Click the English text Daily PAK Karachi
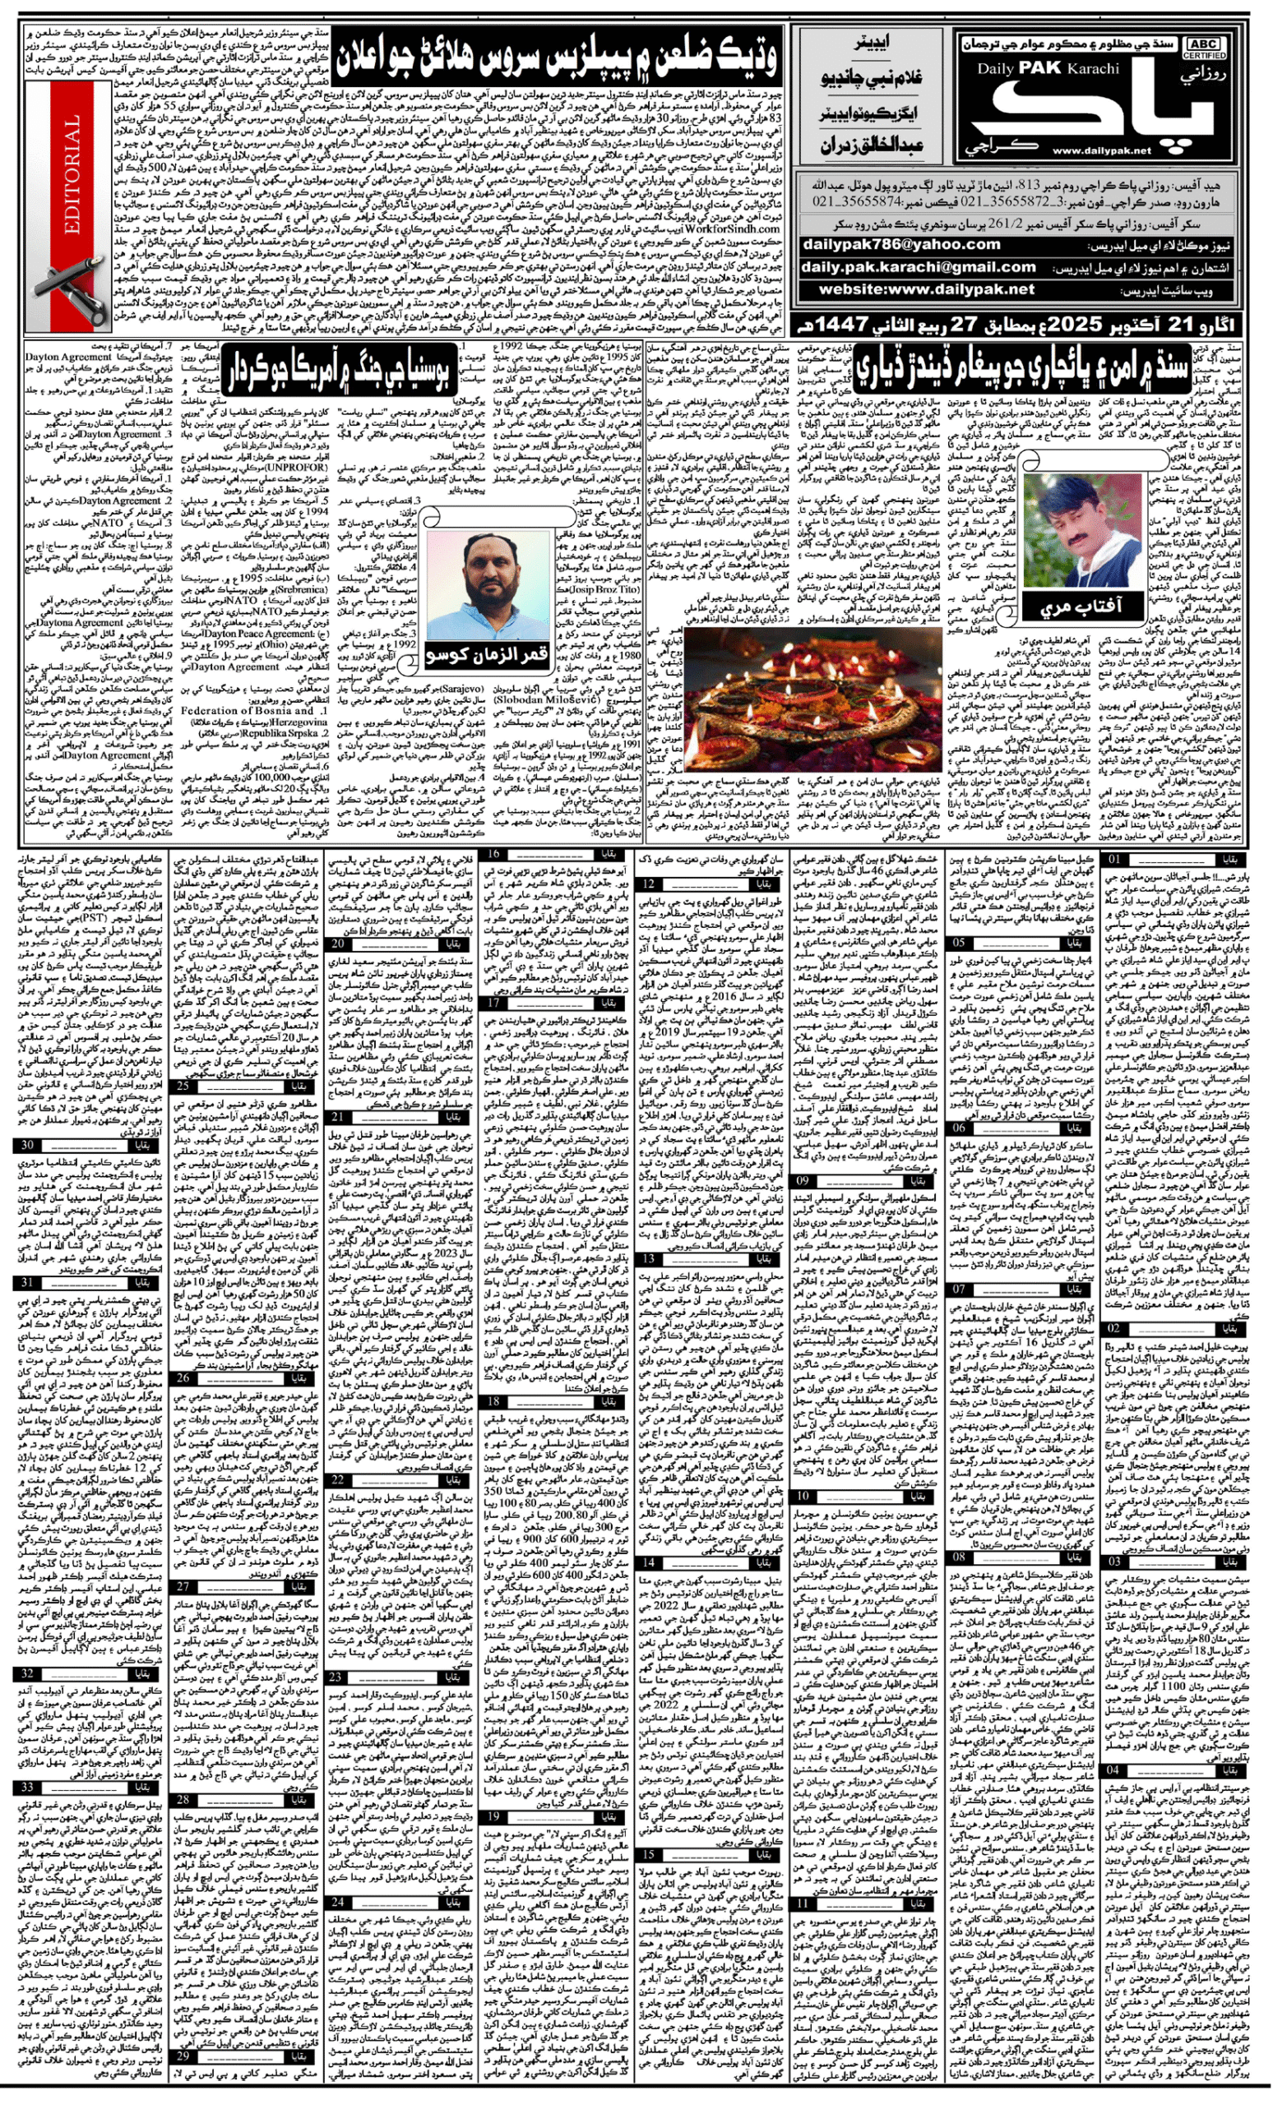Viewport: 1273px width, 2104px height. click(1047, 68)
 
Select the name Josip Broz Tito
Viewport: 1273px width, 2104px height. click(608, 589)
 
